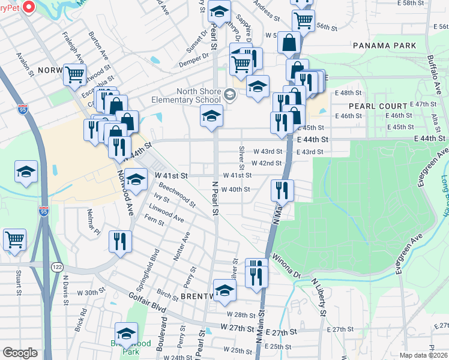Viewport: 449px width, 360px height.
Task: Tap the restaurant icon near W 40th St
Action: click(282, 191)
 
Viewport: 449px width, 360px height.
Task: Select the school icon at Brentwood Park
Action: click(126, 334)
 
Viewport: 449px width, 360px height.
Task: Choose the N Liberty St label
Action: click(319, 298)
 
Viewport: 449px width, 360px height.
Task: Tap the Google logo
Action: click(20, 353)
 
